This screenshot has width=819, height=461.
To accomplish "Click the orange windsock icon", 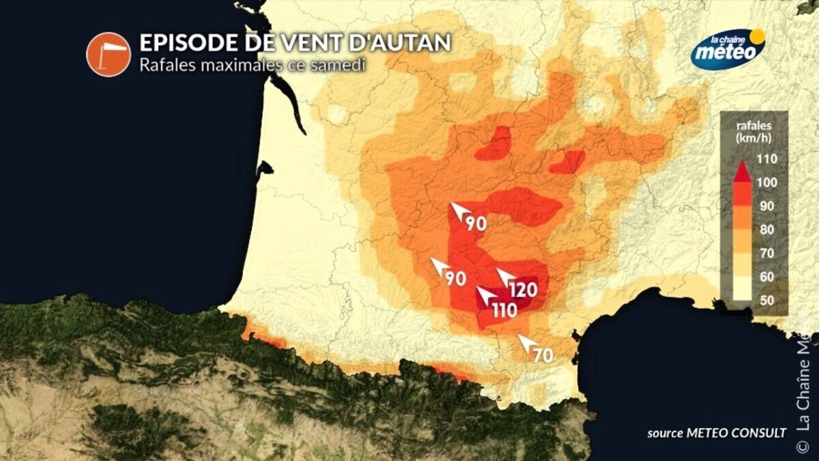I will click(108, 54).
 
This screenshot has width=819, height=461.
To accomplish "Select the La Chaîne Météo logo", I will click(728, 49).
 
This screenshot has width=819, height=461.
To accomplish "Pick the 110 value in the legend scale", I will click(768, 160).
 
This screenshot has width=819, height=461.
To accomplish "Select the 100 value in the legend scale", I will click(768, 182).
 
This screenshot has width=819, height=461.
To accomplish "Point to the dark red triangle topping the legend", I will click(742, 170).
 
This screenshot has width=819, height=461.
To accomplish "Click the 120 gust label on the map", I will click(523, 290).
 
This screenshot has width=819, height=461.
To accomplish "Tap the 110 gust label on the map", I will click(504, 311).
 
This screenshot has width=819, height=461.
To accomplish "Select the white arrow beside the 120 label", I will click(505, 277).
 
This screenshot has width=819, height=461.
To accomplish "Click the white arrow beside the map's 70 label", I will click(526, 342).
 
